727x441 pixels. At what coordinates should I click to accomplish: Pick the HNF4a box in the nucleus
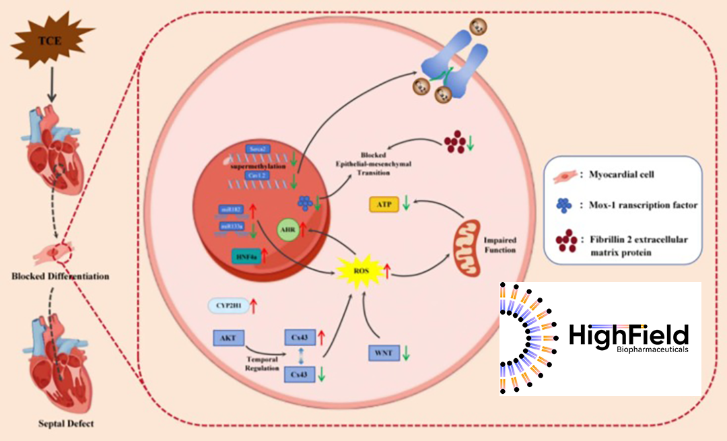click(246, 257)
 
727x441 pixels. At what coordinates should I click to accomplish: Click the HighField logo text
click(628, 335)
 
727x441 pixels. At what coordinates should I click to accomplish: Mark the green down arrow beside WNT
click(407, 352)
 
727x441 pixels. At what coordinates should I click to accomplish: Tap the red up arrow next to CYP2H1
click(254, 306)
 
